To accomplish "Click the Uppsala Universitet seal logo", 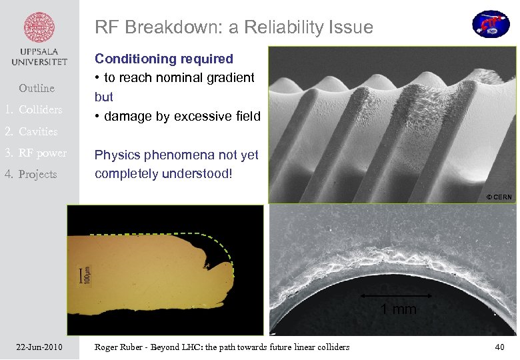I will point(39,29).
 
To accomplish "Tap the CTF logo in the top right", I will point(491,24).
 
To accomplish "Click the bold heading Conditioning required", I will point(164,59).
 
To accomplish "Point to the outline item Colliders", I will point(40,109).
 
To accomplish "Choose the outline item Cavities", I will point(38,131).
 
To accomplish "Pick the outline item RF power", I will point(43,153).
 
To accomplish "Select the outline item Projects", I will point(38,174).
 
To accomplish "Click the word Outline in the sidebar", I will point(37,88).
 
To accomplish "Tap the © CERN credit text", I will point(499,197).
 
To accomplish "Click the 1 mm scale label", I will point(398,309).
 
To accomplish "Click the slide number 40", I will point(500,347).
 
